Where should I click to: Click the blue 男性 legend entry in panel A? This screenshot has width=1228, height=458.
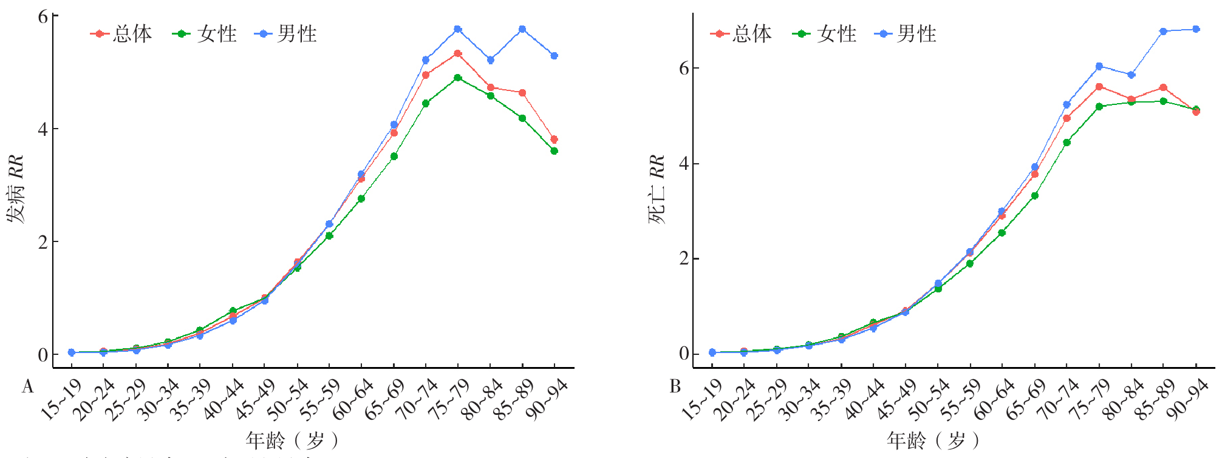[x=288, y=34]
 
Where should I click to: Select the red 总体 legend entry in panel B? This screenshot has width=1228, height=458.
[x=741, y=34]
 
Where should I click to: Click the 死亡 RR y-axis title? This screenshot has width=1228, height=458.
[x=657, y=189]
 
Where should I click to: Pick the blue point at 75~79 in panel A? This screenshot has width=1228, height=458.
[x=458, y=29]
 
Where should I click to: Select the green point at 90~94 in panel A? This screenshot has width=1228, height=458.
[x=554, y=151]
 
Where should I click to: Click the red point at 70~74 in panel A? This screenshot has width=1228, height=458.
[x=426, y=75]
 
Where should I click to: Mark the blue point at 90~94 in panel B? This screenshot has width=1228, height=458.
[x=1196, y=29]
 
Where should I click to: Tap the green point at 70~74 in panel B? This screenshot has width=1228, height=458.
[x=1066, y=143]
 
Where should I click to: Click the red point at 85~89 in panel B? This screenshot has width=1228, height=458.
[x=1163, y=87]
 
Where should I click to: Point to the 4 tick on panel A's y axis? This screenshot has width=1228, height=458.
[x=43, y=129]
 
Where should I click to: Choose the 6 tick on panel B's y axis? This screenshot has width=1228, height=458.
[x=684, y=68]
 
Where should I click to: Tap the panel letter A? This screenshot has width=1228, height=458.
[x=27, y=387]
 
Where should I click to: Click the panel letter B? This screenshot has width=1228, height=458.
[x=675, y=387]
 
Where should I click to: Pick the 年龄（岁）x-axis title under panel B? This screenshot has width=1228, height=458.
[x=932, y=440]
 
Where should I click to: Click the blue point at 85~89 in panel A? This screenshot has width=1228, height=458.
[x=522, y=29]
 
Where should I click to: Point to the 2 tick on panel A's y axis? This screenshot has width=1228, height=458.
[x=43, y=242]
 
